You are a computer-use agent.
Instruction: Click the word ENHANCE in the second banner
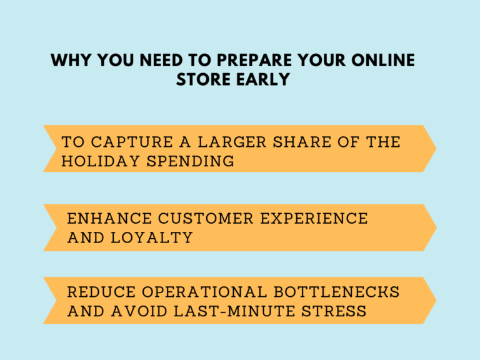[109, 219]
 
